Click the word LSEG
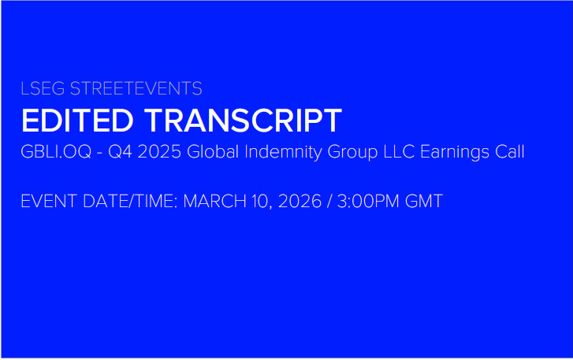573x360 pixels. (43, 89)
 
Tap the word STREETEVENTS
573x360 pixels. (136, 89)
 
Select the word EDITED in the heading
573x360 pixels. (77, 121)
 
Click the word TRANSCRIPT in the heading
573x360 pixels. (244, 121)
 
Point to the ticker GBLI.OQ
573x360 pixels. (56, 152)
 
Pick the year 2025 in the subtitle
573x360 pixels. (159, 152)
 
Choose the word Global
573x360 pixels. (213, 151)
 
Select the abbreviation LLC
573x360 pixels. (399, 152)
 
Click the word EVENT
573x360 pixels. (49, 201)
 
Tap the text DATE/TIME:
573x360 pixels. (131, 201)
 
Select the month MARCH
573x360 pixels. (215, 201)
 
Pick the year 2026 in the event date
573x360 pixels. (300, 201)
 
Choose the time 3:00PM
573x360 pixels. (368, 201)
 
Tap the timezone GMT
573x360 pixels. (424, 201)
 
